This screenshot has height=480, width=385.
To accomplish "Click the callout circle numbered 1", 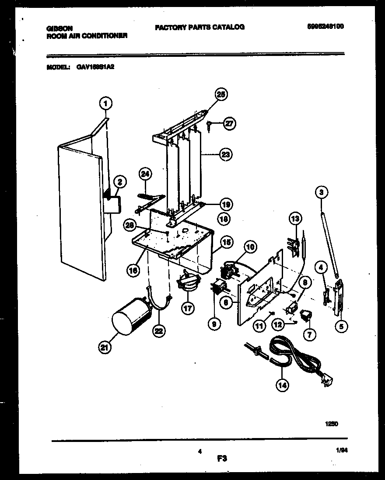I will tap(105, 104).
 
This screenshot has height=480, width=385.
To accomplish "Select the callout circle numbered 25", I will tap(221, 94).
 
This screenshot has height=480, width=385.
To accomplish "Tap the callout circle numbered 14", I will tap(283, 385).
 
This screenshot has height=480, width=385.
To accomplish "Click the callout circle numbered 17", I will tap(188, 308).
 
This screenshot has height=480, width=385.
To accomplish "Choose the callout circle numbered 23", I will tap(226, 154).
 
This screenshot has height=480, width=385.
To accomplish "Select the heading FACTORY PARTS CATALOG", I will tap(199, 27).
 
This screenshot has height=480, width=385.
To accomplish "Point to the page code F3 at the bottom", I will tap(222, 459).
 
